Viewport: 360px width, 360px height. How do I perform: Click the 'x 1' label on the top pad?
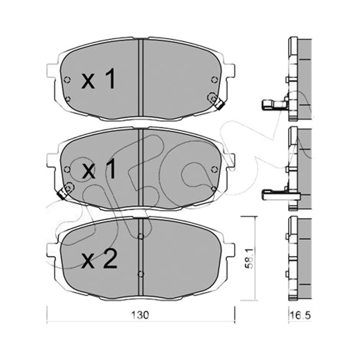(x=98, y=79)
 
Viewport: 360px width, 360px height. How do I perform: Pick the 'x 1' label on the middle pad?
(x=99, y=170)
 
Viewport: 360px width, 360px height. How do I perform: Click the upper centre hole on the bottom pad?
(x=141, y=236)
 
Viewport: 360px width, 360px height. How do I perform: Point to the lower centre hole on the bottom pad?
(x=141, y=274)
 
